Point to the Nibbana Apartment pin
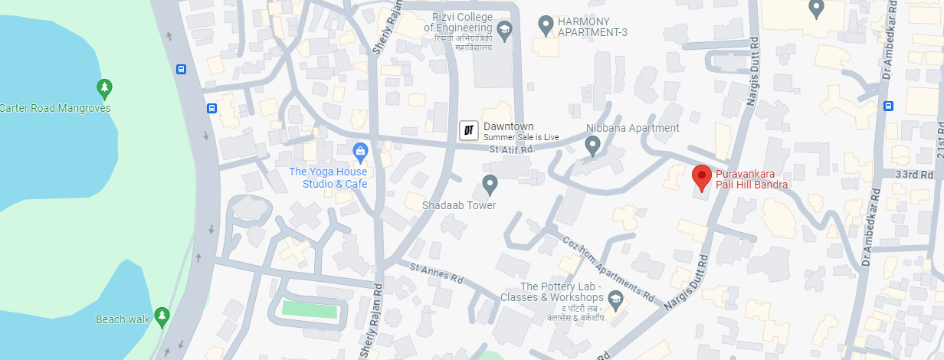click(592, 144)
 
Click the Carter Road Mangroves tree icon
click(105, 88)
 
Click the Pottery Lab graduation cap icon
click(615, 298)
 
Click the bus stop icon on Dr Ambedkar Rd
click(888, 106)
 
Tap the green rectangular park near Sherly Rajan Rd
click(310, 310)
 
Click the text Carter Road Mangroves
click(55, 108)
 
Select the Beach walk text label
click(121, 319)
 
